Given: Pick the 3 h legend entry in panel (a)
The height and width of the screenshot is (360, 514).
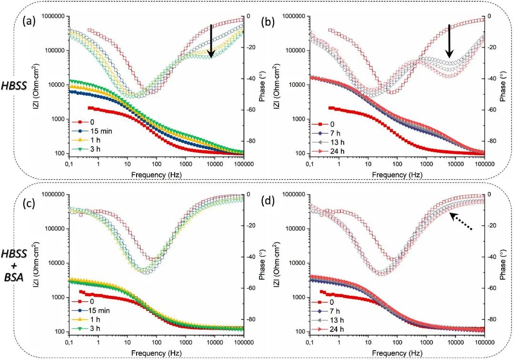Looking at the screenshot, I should [98, 150].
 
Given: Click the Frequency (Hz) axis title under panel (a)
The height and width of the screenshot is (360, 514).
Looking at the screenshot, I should [156, 175].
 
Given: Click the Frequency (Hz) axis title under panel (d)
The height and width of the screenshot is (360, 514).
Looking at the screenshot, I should [396, 353].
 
